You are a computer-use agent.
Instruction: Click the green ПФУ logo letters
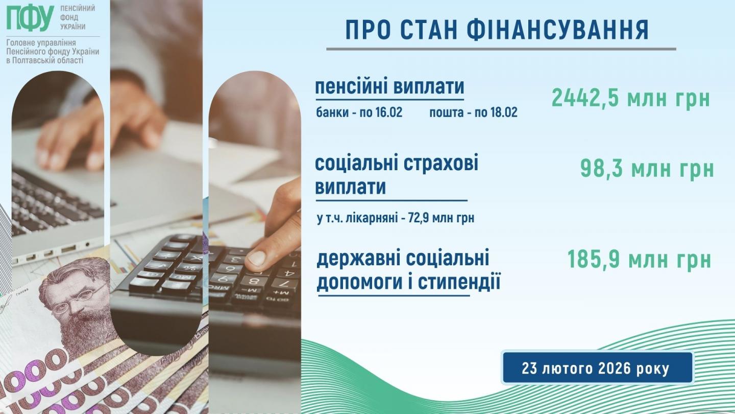(x=30, y=18)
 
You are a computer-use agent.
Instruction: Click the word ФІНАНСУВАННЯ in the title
(x=557, y=30)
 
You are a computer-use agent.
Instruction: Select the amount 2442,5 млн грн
(x=631, y=98)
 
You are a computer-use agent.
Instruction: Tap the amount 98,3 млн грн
(x=647, y=169)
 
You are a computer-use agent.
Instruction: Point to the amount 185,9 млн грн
(x=639, y=259)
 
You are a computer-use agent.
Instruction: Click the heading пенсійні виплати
(x=389, y=87)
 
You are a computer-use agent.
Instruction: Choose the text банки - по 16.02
(x=359, y=112)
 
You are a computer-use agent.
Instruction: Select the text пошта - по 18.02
(x=474, y=112)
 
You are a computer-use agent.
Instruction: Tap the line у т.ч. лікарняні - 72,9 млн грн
(x=396, y=218)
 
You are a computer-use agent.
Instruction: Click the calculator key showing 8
(x=253, y=281)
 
